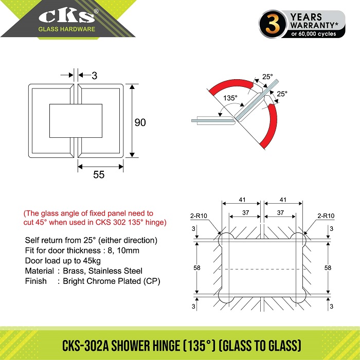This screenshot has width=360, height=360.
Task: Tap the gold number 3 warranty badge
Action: [x=273, y=24]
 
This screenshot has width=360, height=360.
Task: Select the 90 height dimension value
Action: [x=140, y=122]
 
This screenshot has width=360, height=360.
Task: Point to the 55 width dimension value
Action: [x=99, y=174]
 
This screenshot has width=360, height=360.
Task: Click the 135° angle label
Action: [x=230, y=98]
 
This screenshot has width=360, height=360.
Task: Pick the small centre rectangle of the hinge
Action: [x=76, y=121]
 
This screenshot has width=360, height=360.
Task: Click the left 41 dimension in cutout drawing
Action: [x=242, y=200]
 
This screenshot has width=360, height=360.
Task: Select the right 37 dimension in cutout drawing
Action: [x=280, y=212]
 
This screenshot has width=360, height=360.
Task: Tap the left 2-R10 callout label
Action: [x=199, y=216]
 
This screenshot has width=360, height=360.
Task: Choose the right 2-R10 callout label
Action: [x=326, y=216]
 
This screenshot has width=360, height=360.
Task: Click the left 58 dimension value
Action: [x=197, y=268]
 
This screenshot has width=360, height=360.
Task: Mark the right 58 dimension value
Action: [x=328, y=268]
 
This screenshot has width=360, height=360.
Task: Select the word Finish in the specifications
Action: [x=36, y=281]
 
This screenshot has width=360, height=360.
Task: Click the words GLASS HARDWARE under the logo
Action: [x=66, y=29]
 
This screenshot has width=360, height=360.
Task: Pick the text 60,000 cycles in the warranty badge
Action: [x=317, y=34]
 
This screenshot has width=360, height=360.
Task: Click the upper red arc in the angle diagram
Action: [x=232, y=86]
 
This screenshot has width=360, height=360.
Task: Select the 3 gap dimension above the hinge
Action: [x=94, y=76]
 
